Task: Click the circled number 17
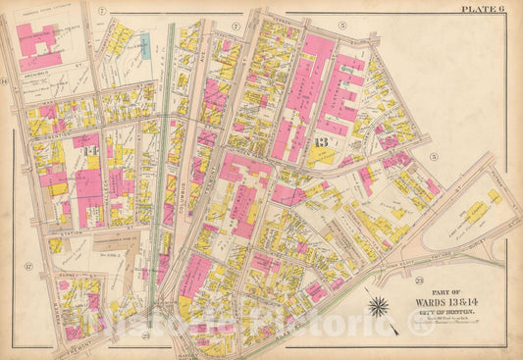[30, 266]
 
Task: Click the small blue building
[144, 44]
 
